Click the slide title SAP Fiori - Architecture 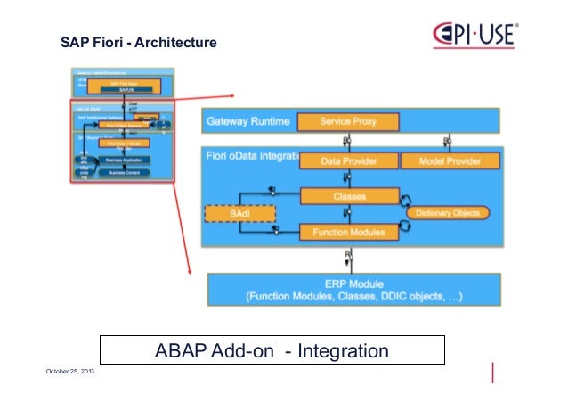coord(138,42)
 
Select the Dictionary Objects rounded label coord(447,213)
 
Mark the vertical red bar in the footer coord(493,372)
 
